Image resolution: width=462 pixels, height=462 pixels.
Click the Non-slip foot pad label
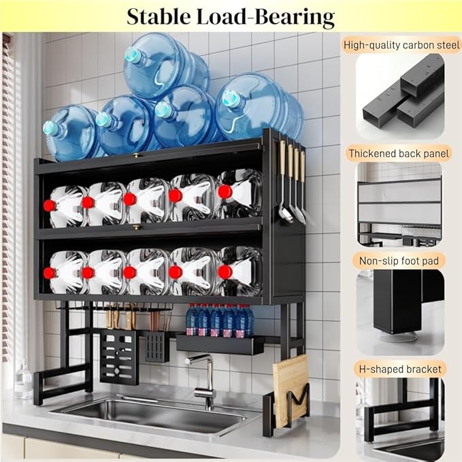click(399, 260)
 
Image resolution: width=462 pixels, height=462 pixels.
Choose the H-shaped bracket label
click(399, 368)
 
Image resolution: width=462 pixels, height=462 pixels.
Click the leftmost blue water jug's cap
click(49, 127)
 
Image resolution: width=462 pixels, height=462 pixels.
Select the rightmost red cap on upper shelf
click(224, 192)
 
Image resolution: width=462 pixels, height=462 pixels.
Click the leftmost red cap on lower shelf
click(49, 272)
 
